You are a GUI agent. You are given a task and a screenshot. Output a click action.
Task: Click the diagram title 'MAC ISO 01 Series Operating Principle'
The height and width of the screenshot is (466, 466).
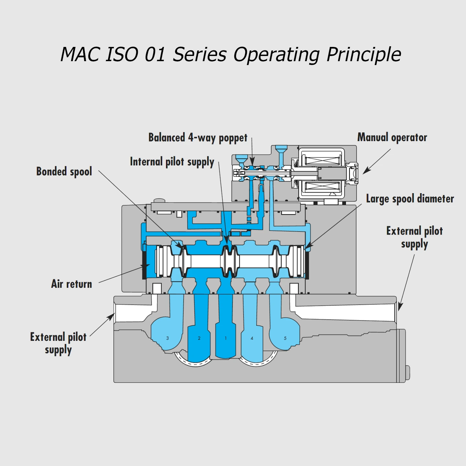231,54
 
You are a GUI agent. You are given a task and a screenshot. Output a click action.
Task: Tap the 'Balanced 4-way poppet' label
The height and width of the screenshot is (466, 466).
198,138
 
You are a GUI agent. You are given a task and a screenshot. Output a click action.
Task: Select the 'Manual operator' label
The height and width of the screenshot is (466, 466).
392,137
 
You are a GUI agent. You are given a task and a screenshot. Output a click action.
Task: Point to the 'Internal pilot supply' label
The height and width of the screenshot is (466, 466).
172,162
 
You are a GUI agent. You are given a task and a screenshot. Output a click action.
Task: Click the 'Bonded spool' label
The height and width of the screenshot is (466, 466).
64,172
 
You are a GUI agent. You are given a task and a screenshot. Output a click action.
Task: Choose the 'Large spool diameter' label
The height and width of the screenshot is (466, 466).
410,199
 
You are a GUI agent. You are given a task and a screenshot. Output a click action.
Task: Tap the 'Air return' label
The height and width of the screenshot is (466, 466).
72,284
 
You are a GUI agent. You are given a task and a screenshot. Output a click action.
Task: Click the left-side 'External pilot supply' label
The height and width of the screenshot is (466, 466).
58,343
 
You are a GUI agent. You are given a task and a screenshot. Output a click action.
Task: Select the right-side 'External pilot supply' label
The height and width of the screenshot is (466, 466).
415,238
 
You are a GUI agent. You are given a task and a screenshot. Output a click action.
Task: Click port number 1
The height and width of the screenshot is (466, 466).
226,338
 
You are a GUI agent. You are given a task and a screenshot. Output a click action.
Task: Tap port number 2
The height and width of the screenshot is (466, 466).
199,338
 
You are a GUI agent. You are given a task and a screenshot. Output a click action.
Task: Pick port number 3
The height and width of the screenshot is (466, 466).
168,338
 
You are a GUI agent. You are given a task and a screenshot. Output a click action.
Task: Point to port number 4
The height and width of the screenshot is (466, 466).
252,338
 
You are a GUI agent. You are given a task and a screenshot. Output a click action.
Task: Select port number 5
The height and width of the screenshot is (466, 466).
285,338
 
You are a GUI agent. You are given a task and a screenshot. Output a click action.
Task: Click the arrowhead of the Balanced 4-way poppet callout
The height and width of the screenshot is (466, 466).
252,161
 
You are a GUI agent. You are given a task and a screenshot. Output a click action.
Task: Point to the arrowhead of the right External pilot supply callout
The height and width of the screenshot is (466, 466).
399,307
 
